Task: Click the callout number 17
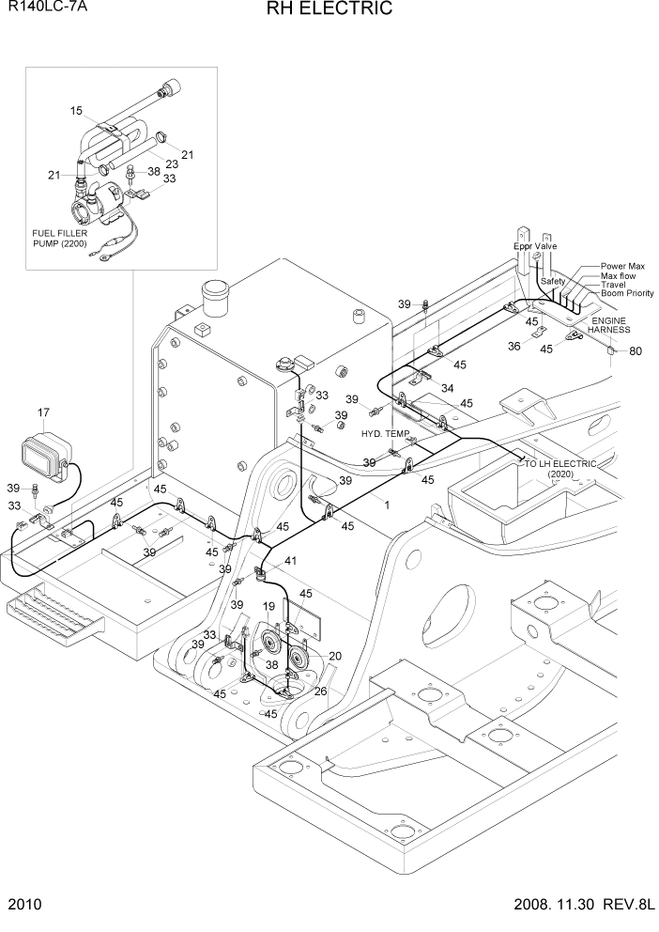[x=43, y=412]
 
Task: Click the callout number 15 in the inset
[x=77, y=111]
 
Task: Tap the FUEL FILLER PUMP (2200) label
[x=60, y=237]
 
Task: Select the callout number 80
[x=636, y=352]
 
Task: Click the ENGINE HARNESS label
[x=610, y=325]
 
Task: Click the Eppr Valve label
[x=535, y=246]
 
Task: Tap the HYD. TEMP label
[x=385, y=433]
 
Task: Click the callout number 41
[x=291, y=561]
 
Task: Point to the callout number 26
[x=320, y=692]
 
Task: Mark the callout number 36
[x=513, y=346]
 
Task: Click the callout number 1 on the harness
[x=386, y=505]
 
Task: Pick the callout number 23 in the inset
[x=172, y=163]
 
